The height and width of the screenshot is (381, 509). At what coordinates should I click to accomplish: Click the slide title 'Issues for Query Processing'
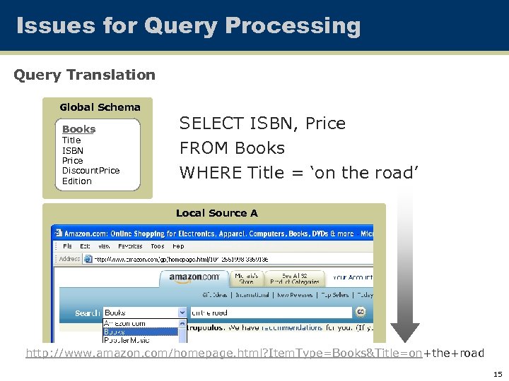pos(188,26)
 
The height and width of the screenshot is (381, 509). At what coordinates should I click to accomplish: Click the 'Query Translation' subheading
pos(84,74)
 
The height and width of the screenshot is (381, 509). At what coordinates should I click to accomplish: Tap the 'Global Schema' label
pos(100,107)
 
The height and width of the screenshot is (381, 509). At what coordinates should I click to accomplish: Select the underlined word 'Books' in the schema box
pos(78,129)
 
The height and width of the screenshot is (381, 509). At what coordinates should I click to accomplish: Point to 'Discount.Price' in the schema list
pos(90,171)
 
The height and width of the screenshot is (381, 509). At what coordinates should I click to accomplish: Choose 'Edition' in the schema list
pos(77,181)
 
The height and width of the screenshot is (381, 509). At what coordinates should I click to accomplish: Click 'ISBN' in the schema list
pos(73,150)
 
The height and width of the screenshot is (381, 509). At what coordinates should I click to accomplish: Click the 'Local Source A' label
pos(216,213)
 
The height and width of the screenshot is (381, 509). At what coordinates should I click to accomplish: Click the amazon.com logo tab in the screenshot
pos(194,277)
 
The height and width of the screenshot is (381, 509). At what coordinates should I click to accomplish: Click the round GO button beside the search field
pos(361,312)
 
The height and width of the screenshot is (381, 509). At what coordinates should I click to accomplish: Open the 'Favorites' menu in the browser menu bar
pos(129,246)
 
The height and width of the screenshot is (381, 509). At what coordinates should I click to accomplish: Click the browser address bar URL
pos(177,259)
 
